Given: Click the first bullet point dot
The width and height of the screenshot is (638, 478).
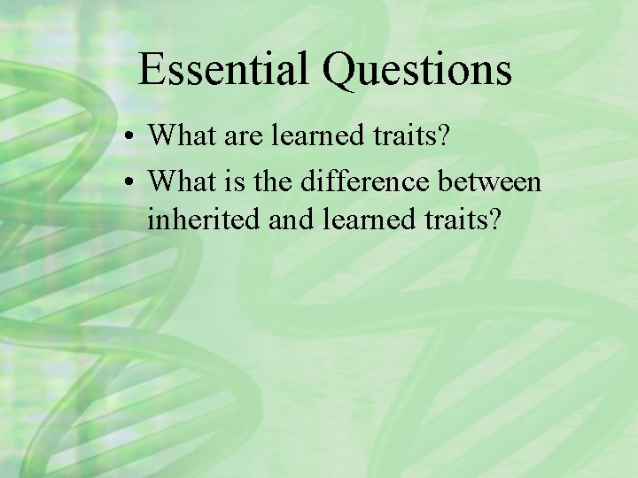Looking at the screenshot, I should click(x=129, y=137).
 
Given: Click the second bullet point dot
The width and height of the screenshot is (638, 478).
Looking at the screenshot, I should click(x=129, y=183).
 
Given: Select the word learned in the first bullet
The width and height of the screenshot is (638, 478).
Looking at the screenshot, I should click(x=304, y=135).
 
